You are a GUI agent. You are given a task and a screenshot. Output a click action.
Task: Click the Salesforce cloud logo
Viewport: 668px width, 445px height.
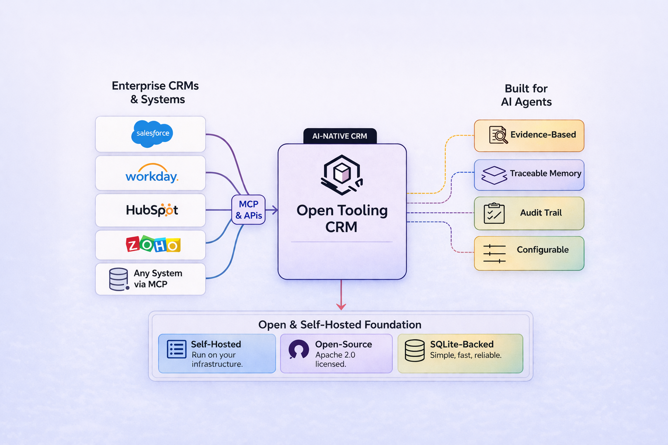pos(152,133)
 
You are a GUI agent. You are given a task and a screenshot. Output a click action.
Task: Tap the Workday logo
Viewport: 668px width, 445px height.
pos(152,174)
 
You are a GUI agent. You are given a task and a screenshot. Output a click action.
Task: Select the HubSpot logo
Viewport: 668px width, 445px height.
pos(152,210)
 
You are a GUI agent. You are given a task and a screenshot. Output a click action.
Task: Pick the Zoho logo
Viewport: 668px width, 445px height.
pos(153,245)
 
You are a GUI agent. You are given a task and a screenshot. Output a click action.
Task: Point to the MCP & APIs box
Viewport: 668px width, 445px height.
pos(248,209)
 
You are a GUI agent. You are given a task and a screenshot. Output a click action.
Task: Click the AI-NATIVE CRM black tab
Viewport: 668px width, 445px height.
pos(340,136)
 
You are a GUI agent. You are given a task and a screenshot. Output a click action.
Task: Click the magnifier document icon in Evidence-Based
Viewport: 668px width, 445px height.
pos(498,135)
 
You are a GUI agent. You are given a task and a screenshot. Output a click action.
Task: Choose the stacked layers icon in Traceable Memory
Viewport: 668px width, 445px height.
pos(494,175)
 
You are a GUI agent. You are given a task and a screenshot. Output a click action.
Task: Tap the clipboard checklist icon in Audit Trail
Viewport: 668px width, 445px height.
pos(494,213)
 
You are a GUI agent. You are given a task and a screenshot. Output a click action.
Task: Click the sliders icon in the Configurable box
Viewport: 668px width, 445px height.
pos(494,253)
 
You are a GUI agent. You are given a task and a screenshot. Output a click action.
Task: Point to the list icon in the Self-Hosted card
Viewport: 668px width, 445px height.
pos(177,349)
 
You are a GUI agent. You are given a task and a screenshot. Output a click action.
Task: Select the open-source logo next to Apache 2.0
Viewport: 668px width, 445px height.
pos(299,349)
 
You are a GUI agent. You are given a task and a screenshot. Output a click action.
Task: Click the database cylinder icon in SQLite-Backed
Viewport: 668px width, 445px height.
pos(414,350)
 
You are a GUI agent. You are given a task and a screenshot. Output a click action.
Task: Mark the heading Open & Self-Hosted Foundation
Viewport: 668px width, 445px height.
pos(340,325)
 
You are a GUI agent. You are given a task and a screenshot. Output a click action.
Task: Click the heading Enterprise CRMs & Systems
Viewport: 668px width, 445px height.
pos(155,93)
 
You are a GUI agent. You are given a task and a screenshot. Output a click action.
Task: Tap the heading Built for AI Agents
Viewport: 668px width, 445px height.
pos(526,95)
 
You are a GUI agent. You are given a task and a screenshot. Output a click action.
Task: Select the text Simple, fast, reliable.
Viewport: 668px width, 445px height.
pos(466,355)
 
